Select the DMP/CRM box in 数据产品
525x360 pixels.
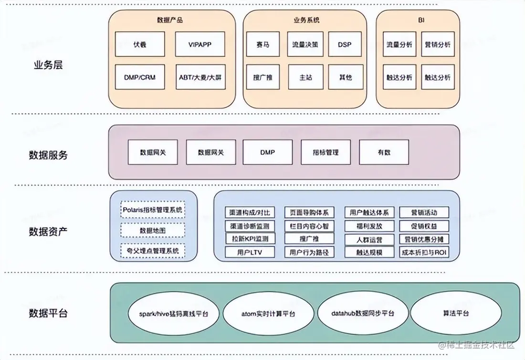pos(140,77)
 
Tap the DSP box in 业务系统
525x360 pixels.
pos(345,44)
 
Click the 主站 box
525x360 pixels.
pos(305,77)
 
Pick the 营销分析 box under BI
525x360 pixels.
pos(437,44)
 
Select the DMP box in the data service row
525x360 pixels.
pos(268,152)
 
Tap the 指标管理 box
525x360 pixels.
pos(325,152)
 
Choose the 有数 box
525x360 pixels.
pos(384,152)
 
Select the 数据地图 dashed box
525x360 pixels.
pos(153,230)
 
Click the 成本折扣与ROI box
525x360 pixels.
pos(424,252)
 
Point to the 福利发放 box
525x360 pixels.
pos(369,226)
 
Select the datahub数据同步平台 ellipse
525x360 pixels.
pos(363,314)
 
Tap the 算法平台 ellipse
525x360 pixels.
pos(455,314)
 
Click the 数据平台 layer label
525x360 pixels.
pos(48,314)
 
